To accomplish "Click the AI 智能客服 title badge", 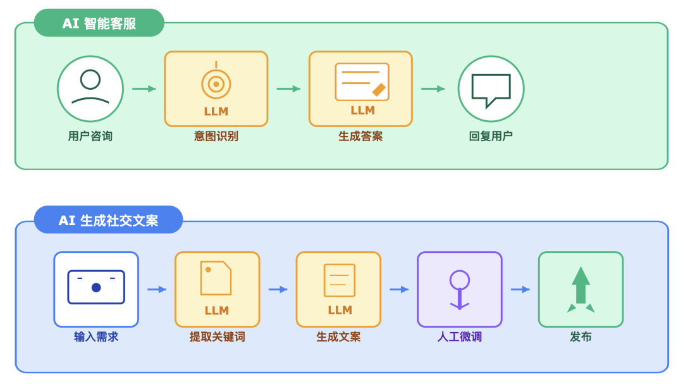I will (x=99, y=23).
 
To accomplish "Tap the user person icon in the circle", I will (x=90, y=87).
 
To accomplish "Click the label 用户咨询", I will (x=90, y=136).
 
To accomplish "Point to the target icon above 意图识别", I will (x=216, y=83).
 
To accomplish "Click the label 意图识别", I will (x=216, y=136).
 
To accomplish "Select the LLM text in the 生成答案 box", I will (x=362, y=110).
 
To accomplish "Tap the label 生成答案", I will (x=360, y=136).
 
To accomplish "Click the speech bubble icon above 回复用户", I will (x=491, y=90).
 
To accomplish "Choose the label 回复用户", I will (x=491, y=136).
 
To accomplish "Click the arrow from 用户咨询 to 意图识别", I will (x=144, y=89).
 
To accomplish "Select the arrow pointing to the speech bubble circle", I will (x=433, y=89).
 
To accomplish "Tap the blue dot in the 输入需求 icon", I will (x=96, y=287).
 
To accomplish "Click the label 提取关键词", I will (x=217, y=337).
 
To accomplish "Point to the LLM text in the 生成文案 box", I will (x=340, y=310).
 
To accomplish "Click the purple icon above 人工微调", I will (x=460, y=288).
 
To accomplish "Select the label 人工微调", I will (x=460, y=337).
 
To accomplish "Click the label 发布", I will (x=581, y=337).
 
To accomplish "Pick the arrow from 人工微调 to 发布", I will (x=520, y=289).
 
